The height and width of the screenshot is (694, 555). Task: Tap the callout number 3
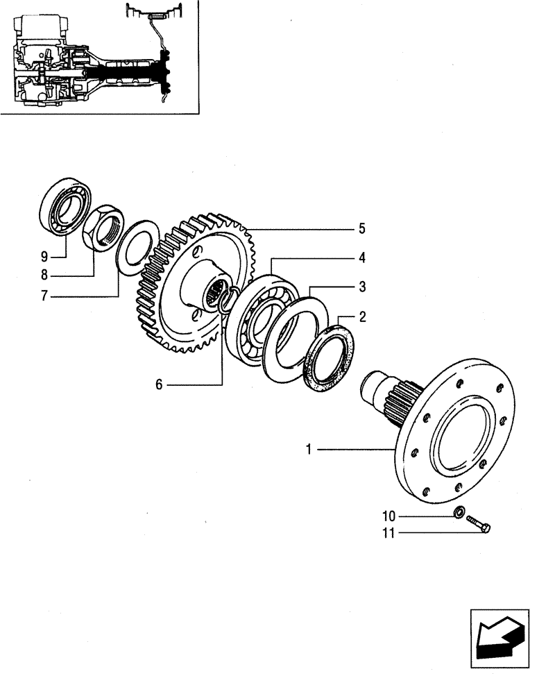tap(362, 287)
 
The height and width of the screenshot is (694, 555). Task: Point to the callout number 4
tap(362, 257)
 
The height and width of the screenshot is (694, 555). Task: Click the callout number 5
tap(362, 228)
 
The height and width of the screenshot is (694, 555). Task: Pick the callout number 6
tap(159, 384)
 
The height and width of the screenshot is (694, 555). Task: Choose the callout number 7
tap(44, 296)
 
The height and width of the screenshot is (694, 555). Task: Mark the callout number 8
tap(44, 276)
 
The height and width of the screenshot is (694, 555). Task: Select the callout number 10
tap(389, 516)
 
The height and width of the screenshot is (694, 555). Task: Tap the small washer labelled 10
tap(459, 513)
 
